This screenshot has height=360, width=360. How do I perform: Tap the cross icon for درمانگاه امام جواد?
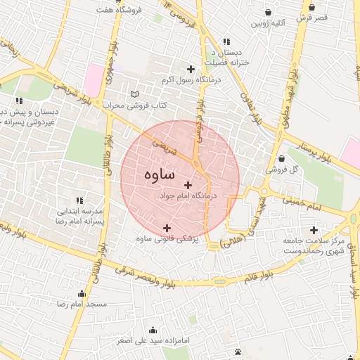click(x=187, y=185)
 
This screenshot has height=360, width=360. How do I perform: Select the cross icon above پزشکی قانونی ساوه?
click(x=167, y=227)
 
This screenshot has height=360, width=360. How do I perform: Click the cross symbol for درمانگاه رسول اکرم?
click(x=191, y=68)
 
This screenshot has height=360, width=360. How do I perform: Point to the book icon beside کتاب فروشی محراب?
click(x=135, y=94)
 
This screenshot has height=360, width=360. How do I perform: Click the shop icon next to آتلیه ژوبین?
click(x=269, y=12)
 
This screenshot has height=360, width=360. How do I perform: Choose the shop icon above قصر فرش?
click(x=311, y=7)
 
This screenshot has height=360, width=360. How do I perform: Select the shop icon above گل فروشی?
click(x=281, y=158)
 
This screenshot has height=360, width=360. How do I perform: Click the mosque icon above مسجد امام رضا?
click(x=82, y=294)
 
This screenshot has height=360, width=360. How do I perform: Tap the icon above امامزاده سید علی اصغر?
click(x=153, y=330)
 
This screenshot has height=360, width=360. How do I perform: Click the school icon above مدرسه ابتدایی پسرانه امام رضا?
click(x=79, y=200)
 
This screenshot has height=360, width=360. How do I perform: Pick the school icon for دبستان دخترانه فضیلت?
click(x=226, y=41)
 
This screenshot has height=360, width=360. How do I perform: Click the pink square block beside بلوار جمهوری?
click(x=93, y=76)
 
